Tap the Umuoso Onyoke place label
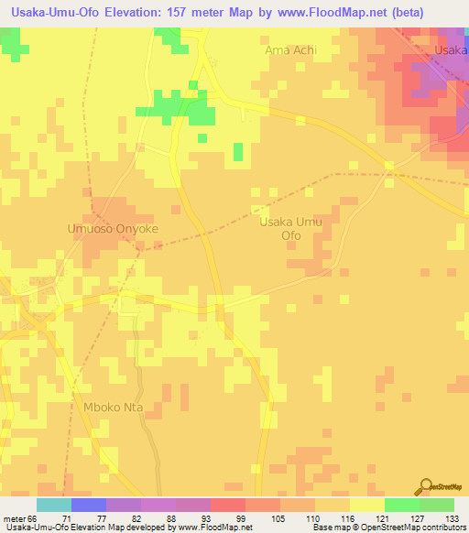[113, 229]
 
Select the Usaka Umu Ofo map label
[292, 228]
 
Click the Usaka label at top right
[453, 51]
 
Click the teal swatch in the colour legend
[54, 505]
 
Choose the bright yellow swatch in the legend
[366, 505]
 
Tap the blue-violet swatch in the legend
[89, 505]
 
